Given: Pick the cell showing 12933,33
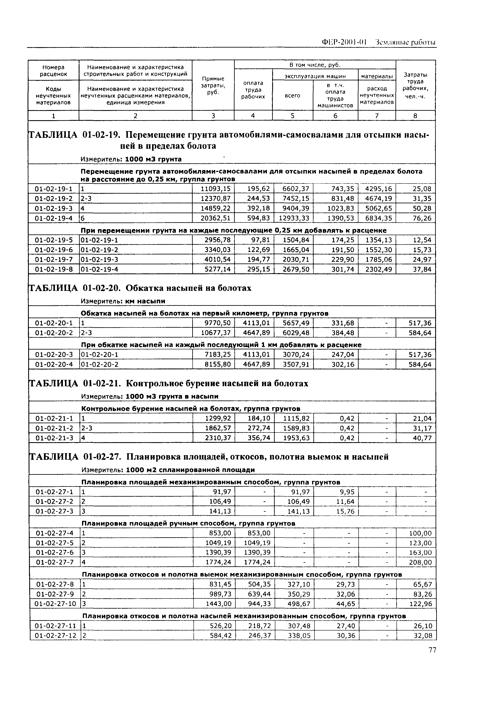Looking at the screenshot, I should [x=294, y=218].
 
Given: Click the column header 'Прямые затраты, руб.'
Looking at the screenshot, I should [x=213, y=85].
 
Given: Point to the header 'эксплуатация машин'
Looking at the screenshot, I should [x=315, y=76].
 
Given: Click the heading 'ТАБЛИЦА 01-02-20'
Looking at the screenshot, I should [x=140, y=288].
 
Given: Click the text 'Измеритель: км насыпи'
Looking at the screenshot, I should [x=123, y=301].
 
